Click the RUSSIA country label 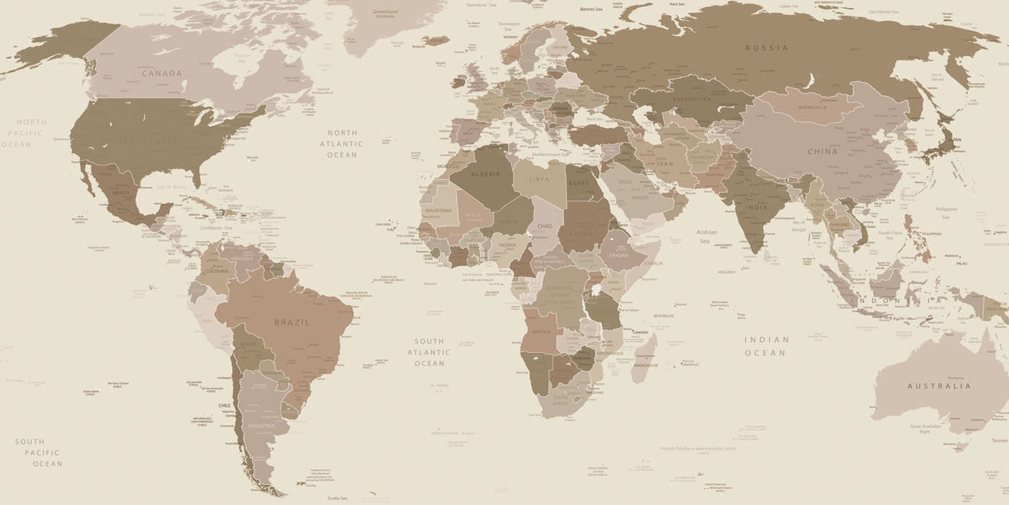pos(767,48)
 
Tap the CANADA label pos(162,73)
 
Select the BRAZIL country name pos(292,322)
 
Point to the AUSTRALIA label pos(939,386)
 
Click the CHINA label pos(822,151)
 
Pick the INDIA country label pos(756,207)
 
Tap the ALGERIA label pos(485,174)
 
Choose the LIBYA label pos(538,179)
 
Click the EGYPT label pos(579,183)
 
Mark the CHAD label pos(544,226)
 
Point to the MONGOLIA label pos(813,107)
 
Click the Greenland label pos(385,12)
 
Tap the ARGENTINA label pos(262,426)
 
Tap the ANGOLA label pos(541,331)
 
